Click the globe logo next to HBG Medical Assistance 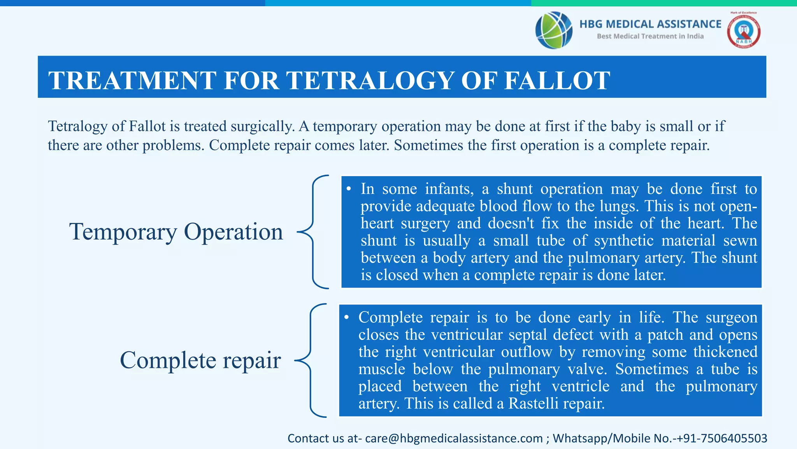553,30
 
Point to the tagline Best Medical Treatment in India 650,36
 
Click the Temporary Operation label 176,232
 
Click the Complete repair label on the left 200,360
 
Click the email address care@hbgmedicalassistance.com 454,438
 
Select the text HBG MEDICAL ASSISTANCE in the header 650,24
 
